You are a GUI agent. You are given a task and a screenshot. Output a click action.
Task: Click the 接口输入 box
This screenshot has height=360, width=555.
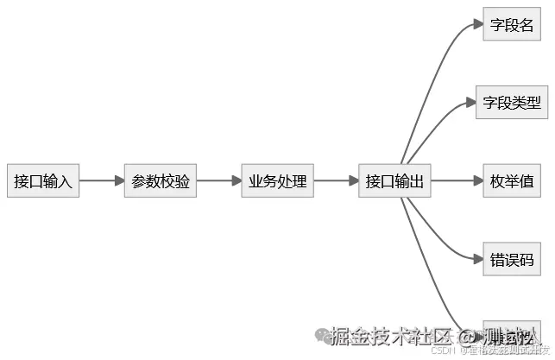tap(43, 181)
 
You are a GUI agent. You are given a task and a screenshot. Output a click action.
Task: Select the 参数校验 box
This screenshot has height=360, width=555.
tap(161, 181)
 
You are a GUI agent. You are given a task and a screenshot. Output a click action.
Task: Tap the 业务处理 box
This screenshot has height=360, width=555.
tap(277, 181)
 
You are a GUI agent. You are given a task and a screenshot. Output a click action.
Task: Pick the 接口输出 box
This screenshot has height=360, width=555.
tap(394, 181)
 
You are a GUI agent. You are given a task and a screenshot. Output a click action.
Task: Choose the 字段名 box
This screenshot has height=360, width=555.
tap(512, 24)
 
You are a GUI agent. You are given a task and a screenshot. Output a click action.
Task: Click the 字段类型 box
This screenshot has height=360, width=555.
tap(512, 103)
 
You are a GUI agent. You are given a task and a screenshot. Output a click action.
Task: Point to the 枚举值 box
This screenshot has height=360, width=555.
tap(512, 181)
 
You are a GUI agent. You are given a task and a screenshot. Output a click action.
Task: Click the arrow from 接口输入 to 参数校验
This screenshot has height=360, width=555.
tap(102, 181)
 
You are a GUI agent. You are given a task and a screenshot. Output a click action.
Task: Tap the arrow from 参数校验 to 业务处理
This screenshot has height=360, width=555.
tap(219, 181)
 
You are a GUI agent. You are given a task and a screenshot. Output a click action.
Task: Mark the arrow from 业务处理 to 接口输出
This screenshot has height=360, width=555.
tap(336, 181)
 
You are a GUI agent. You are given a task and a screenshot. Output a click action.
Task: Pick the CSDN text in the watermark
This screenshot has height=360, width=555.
tap(443, 351)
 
